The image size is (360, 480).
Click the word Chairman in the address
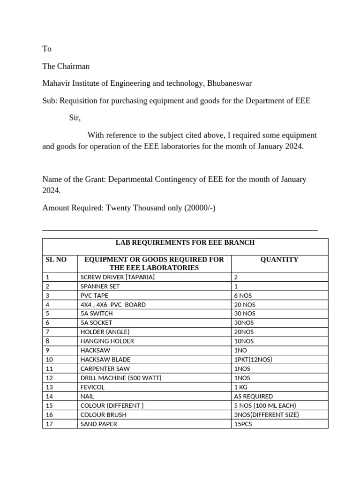point(73,66)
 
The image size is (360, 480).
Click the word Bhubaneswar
point(228,83)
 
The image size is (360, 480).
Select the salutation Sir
point(75,118)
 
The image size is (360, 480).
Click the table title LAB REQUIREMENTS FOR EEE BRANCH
point(185,243)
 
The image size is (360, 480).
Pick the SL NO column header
point(56,259)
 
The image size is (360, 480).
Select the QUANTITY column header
point(279,259)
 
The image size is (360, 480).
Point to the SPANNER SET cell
point(100,286)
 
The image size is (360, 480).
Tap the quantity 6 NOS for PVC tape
point(245,295)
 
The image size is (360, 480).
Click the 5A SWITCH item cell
point(97,314)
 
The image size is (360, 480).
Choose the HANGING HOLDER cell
point(107,341)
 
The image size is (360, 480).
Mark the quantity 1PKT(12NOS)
point(253,360)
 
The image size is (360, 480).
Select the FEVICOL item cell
point(93,387)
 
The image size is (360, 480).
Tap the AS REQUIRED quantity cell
point(253,396)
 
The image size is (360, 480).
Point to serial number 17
point(49,424)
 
